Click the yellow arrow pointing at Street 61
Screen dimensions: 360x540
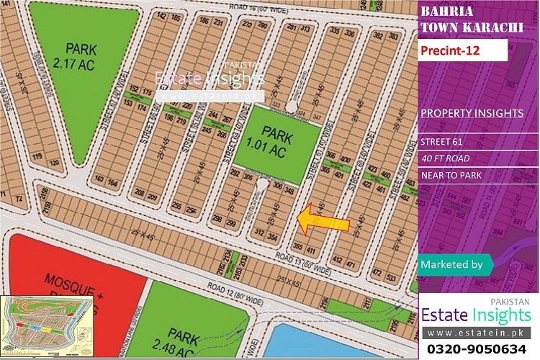[323, 219]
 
